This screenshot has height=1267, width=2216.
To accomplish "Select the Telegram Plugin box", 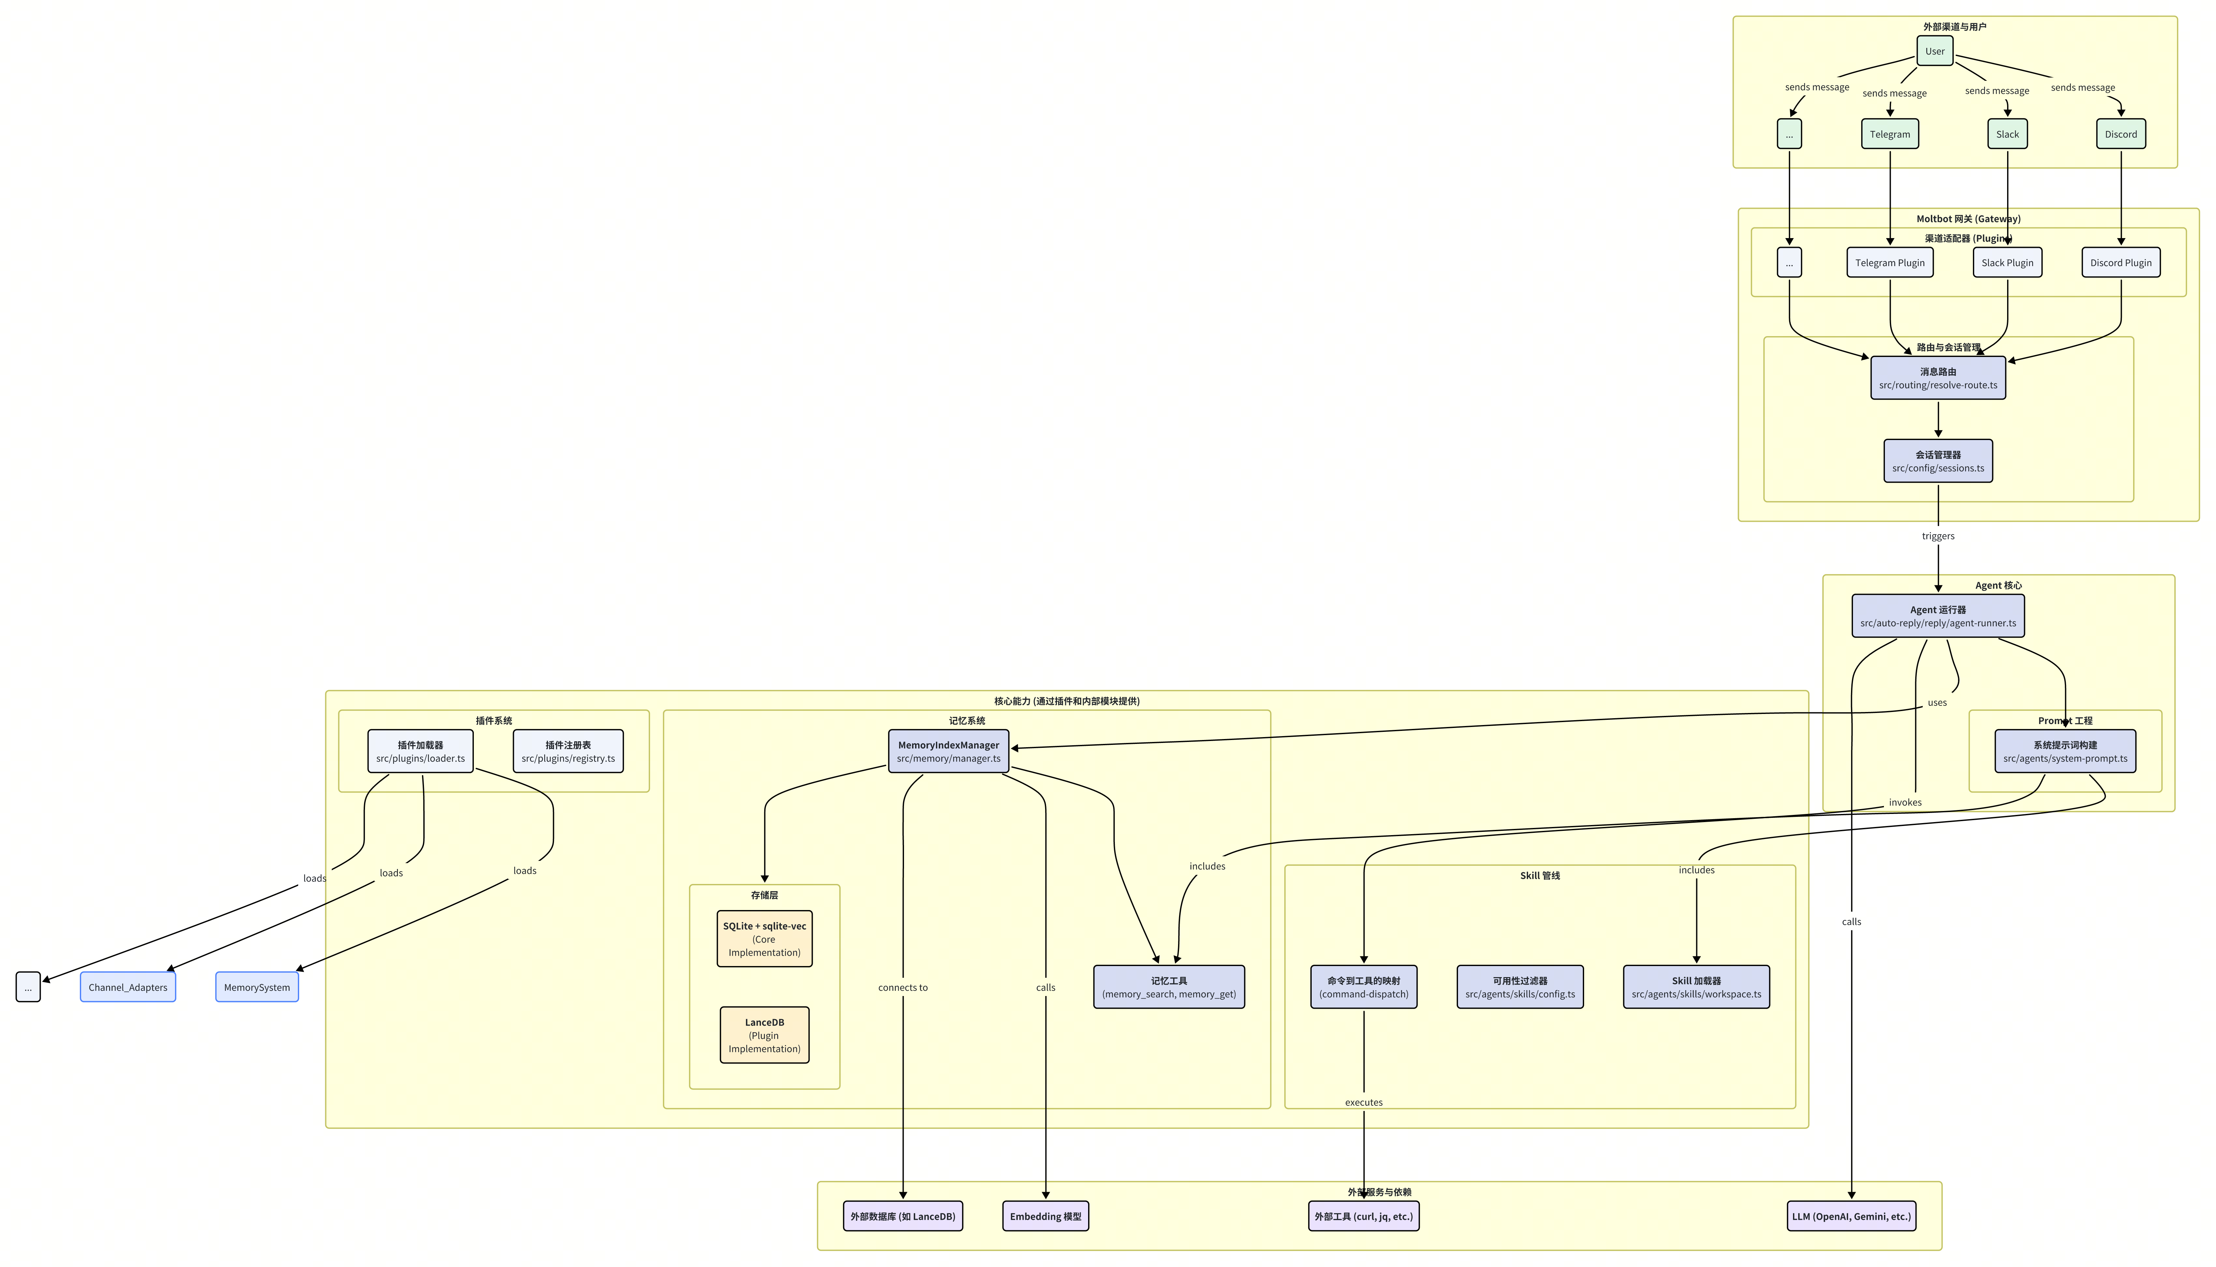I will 1889,263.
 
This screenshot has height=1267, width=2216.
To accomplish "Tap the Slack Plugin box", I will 2007,263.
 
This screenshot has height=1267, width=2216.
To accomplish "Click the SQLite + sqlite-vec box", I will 764,939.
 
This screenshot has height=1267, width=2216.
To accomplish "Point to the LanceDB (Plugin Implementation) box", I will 764,1035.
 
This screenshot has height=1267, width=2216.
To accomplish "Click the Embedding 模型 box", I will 1045,1217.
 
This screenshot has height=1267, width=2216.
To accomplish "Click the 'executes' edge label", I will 1363,1103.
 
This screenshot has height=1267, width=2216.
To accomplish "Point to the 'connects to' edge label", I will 903,988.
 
